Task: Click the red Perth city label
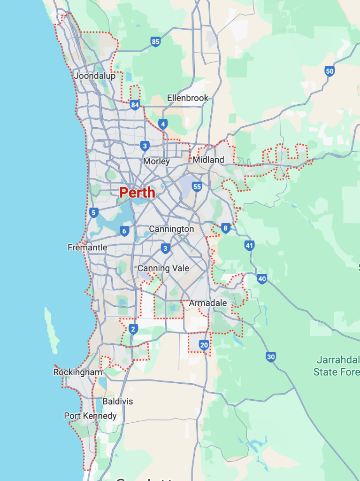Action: click(x=137, y=193)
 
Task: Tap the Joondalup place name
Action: click(x=94, y=76)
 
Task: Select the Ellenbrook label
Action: click(x=188, y=98)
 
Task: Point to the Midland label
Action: click(x=208, y=160)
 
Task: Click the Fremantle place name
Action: click(x=87, y=248)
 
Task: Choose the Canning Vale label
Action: click(x=163, y=268)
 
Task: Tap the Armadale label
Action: click(x=208, y=303)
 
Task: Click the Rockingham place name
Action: click(x=77, y=372)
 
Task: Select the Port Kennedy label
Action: click(x=90, y=416)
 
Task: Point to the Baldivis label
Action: click(x=118, y=402)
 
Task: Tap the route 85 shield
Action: click(x=156, y=42)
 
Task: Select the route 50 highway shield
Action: click(x=329, y=71)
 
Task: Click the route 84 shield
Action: click(x=135, y=105)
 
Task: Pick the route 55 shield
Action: click(x=197, y=187)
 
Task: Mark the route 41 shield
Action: click(x=249, y=245)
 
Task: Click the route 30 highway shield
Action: click(x=270, y=357)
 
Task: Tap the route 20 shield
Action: click(x=204, y=345)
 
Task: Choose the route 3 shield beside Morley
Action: click(x=145, y=146)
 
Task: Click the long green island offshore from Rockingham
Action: click(x=52, y=329)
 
